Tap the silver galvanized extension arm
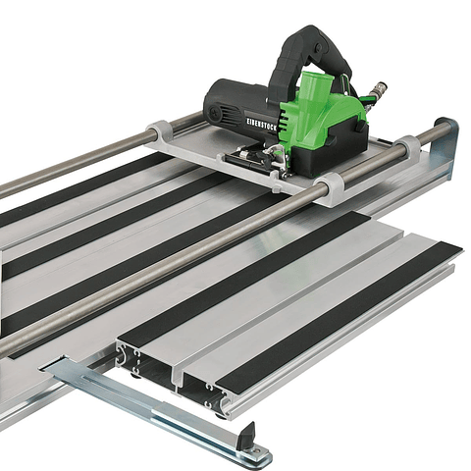pyautogui.click(x=157, y=402)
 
